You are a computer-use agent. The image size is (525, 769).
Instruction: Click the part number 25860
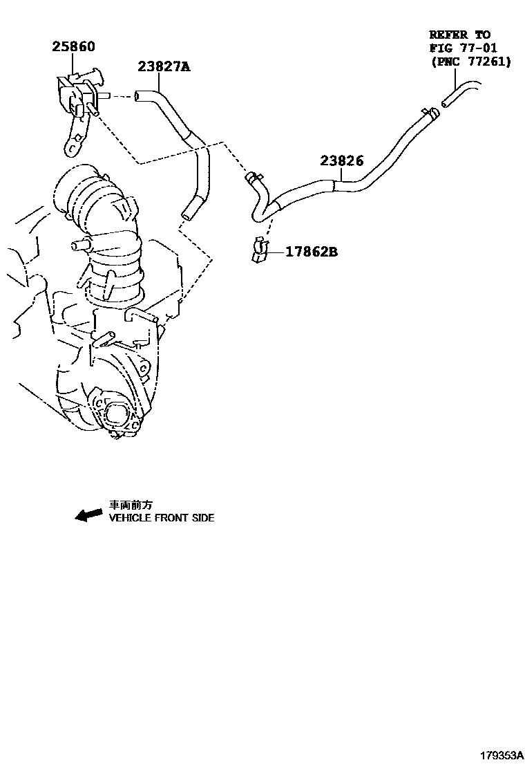pyautogui.click(x=73, y=47)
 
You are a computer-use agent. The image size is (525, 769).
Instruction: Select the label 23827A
pyautogui.click(x=164, y=66)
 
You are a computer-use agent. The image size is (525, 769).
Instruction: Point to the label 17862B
pyautogui.click(x=312, y=252)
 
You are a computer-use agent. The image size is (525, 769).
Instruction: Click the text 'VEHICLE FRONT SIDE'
pyautogui.click(x=162, y=518)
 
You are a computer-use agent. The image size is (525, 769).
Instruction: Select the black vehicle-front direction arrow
pyautogui.click(x=88, y=515)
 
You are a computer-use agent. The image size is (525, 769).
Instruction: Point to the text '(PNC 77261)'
pyautogui.click(x=470, y=62)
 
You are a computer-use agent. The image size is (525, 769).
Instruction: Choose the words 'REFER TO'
pyautogui.click(x=459, y=34)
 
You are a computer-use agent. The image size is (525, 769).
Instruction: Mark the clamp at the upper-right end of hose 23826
pyautogui.click(x=428, y=111)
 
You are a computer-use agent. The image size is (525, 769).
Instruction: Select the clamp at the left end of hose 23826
pyautogui.click(x=253, y=178)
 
